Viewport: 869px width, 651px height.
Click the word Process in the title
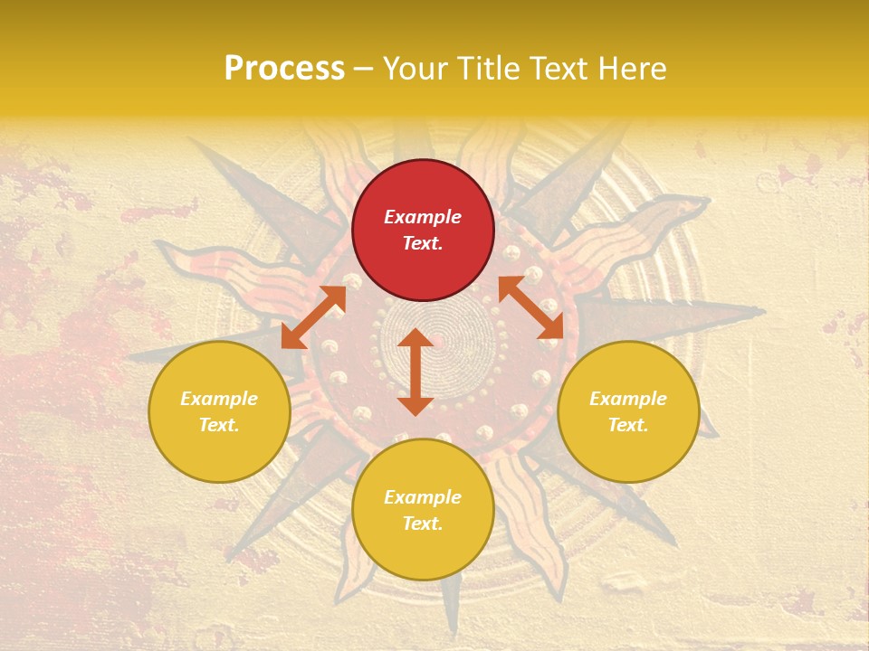coord(284,69)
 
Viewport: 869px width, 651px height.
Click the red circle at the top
coord(423,190)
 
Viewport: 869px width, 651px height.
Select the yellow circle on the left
coord(219,443)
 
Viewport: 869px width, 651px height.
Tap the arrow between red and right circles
coord(530,307)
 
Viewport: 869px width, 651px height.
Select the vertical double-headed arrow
coord(415,372)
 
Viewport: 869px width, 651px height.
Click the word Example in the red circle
coord(423,217)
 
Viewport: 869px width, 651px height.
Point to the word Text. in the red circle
coord(423,243)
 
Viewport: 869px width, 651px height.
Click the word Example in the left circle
coord(219,399)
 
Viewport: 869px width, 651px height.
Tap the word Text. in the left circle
coord(219,425)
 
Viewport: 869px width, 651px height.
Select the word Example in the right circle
coord(628,399)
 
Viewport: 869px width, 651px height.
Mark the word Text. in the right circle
coord(628,425)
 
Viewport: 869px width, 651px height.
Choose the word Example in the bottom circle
coord(423,497)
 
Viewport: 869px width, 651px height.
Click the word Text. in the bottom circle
coord(423,524)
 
